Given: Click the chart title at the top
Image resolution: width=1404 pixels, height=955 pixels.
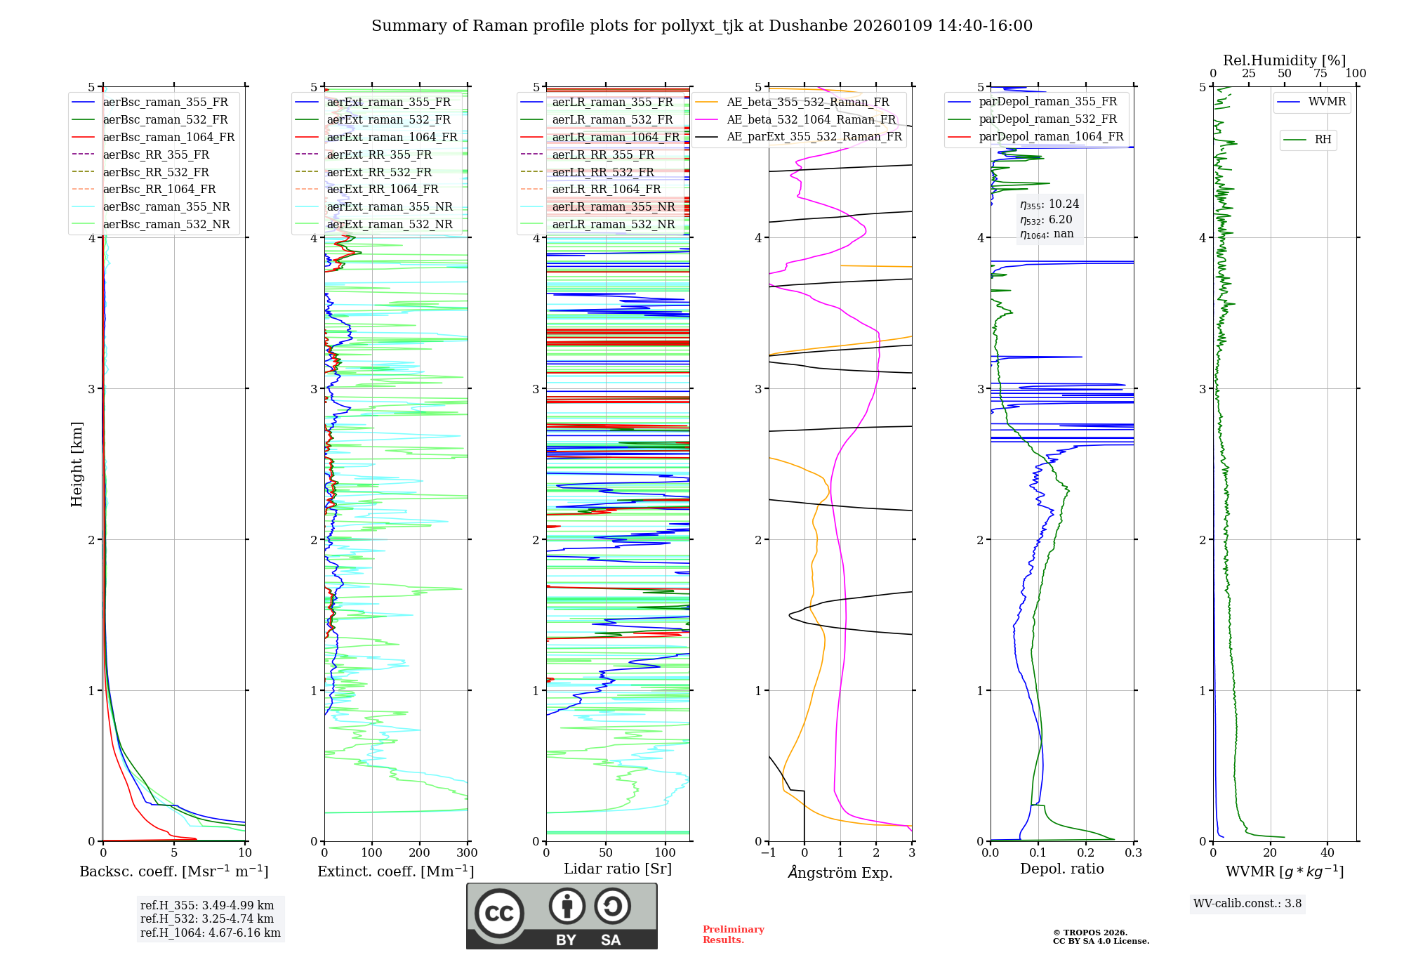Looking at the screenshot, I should pos(702,26).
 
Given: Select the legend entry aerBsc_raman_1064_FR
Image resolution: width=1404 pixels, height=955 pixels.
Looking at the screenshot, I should pos(168,137).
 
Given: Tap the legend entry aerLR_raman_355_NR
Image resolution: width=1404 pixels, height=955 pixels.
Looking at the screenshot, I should pos(613,206).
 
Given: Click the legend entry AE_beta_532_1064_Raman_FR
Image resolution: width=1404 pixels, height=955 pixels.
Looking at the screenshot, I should pos(811,119).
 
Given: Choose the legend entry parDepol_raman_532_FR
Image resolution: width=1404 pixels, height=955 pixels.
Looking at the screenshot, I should pos(1047,119).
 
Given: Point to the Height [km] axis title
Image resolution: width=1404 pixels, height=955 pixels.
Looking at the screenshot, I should pos(77,463).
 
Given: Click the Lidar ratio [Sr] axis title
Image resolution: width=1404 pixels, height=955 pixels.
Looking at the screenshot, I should pos(618,869).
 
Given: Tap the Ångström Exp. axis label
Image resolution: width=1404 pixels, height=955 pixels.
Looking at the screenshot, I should pos(840,872).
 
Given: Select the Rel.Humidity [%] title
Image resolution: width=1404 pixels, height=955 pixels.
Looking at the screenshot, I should pos(1284,60).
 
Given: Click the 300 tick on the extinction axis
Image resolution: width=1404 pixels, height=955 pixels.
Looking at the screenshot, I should pos(467,852).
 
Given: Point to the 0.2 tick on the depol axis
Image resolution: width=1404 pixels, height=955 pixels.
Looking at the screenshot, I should pos(1086,852).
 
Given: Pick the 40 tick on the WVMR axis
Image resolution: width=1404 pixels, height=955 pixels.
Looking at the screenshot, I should pos(1327,852).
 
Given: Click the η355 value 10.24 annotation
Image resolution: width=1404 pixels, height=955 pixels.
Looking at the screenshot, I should pos(1050,204).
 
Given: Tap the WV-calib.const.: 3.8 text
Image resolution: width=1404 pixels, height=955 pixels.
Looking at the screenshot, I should pos(1247,904).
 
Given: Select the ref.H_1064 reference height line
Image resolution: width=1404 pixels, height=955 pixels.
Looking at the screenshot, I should pos(210,933).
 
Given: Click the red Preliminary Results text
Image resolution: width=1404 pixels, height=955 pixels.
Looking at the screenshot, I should pos(733,935).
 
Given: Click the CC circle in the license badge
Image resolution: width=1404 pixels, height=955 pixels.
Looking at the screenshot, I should pos(499,913).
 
